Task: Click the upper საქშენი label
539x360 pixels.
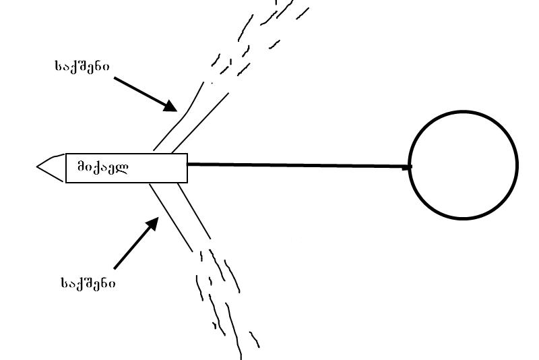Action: point(82,66)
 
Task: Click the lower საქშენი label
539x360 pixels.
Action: point(88,283)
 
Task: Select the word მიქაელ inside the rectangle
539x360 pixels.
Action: point(102,167)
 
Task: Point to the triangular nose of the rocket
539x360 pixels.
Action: point(53,167)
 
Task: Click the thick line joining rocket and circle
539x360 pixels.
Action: point(296,164)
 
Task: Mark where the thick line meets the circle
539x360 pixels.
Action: point(409,166)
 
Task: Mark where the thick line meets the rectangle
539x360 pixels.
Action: point(187,164)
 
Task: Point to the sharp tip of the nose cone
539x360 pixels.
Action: point(37,167)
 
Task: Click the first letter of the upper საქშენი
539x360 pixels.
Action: point(58,66)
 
